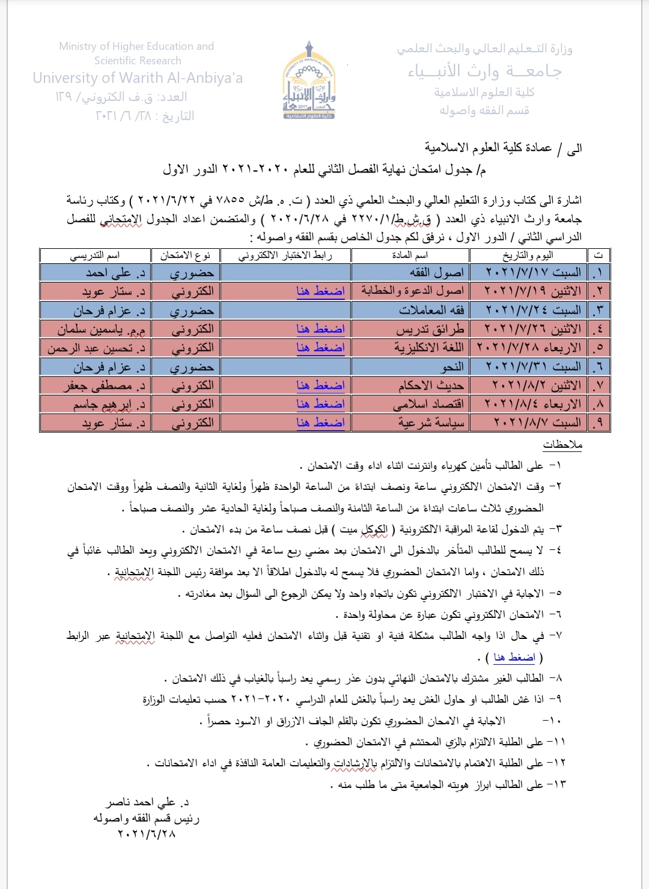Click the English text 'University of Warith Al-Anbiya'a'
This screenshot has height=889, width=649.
[x=138, y=78]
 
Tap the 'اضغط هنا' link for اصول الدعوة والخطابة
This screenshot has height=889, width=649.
[x=320, y=291]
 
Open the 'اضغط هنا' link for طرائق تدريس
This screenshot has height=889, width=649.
[x=320, y=329]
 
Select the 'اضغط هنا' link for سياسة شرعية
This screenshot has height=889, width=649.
[x=320, y=423]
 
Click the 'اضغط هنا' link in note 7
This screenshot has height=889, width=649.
[x=514, y=657]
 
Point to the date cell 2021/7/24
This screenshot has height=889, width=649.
[x=532, y=310]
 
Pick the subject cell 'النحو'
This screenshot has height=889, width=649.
[x=452, y=367]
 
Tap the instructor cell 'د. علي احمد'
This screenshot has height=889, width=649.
[x=115, y=273]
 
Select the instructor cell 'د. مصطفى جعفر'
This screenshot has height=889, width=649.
[x=104, y=385]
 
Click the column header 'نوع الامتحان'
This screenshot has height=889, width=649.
[x=185, y=255]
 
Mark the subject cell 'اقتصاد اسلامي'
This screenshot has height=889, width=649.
[x=428, y=405]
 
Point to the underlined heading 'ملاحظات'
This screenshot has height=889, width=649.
[x=562, y=445]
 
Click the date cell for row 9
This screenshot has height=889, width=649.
[x=532, y=423]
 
